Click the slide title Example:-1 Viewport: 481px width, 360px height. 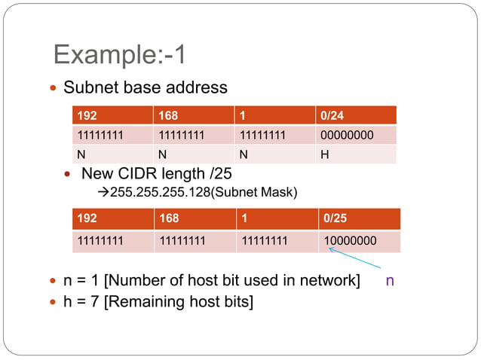point(120,55)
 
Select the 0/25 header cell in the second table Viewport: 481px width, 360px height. point(358,218)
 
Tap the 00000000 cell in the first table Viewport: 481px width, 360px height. point(355,136)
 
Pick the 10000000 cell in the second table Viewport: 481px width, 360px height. point(358,241)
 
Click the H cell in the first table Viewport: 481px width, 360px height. point(355,154)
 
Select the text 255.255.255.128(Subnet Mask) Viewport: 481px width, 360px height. point(204,193)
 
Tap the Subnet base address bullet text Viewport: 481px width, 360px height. point(145,87)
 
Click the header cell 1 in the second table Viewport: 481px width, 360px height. point(275,218)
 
